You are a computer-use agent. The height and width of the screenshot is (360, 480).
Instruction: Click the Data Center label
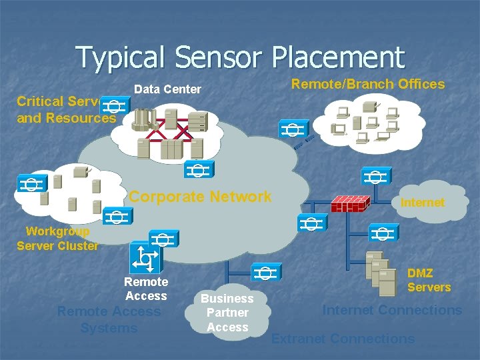pos(167,89)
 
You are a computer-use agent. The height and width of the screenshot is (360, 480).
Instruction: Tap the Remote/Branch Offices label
pos(368,84)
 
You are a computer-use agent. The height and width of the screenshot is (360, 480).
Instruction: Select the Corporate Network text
pos(201,197)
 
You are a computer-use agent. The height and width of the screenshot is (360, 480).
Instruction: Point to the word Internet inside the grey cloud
pos(422,202)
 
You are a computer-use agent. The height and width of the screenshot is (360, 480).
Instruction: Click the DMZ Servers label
pos(429,280)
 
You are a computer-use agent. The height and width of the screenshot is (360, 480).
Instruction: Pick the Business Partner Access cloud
pos(227,313)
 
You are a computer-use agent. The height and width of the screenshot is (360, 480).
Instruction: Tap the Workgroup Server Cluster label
pos(57,239)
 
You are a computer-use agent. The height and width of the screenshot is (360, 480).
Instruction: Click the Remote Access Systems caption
pos(109,319)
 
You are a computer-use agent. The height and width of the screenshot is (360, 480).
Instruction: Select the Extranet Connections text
pos(343,339)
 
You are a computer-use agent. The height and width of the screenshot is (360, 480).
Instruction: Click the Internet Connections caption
pos(392,310)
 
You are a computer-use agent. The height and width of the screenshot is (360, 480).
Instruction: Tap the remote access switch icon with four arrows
pos(145,257)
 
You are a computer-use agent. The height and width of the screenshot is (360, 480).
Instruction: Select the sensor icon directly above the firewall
pos(375,176)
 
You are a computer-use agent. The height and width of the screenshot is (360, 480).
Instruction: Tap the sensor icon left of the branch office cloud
pos(294,129)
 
